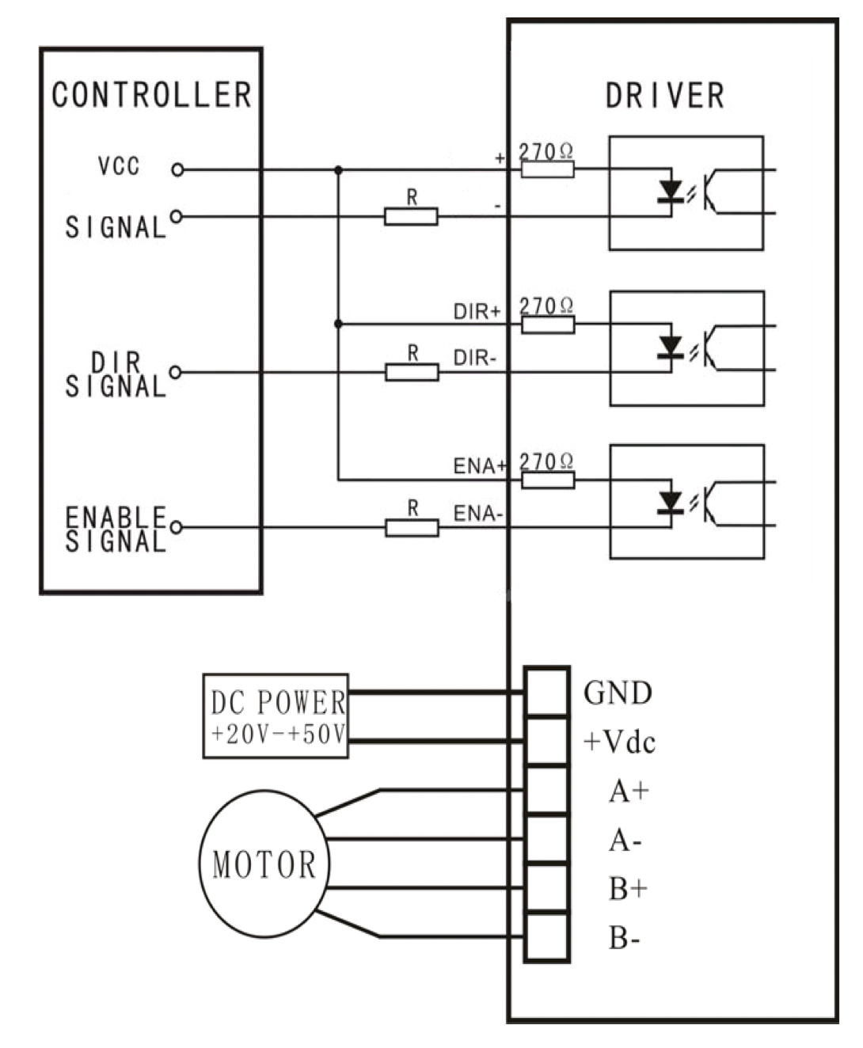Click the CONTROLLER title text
(152, 95)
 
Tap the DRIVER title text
(664, 96)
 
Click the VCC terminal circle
(177, 170)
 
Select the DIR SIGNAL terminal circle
(176, 372)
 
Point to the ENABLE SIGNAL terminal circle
(176, 527)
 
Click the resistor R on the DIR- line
(412, 372)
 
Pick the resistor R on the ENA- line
(412, 528)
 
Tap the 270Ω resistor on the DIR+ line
(548, 325)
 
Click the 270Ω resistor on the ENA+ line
(548, 480)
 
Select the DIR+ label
(477, 312)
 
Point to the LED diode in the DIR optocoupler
(670, 347)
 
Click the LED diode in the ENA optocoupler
(670, 503)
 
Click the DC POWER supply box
(276, 716)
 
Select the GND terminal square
(547, 693)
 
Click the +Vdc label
(619, 742)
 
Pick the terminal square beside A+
(547, 791)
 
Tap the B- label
(625, 938)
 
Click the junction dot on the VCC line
(339, 170)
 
